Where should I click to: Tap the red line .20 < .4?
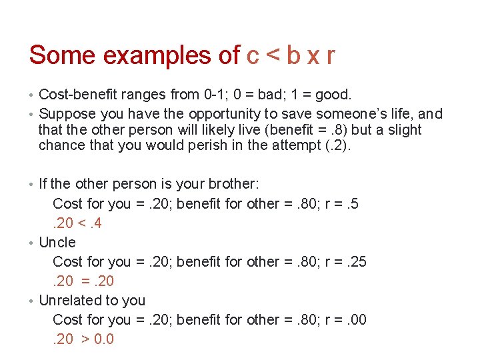[77, 223]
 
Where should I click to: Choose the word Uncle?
[58, 242]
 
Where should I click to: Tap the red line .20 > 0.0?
[83, 339]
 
